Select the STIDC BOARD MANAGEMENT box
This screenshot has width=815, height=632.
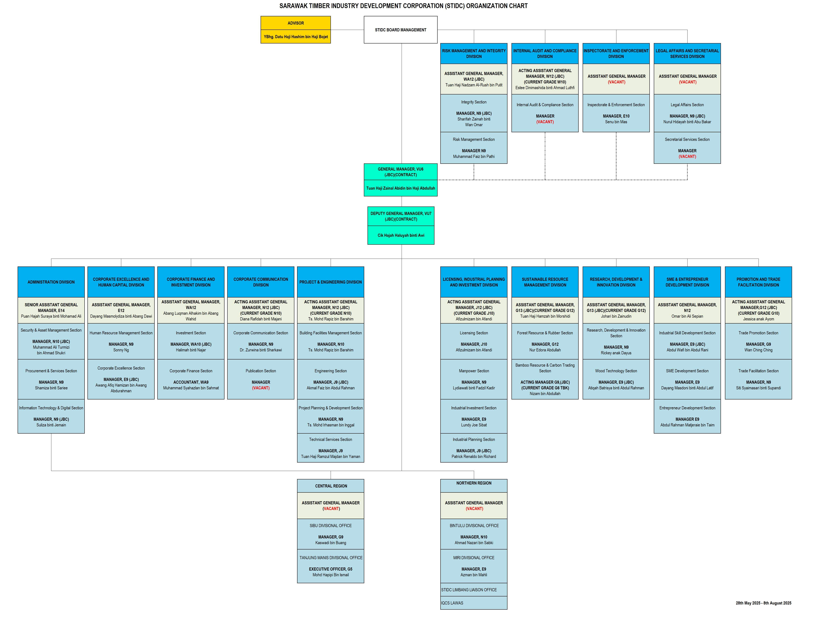point(400,30)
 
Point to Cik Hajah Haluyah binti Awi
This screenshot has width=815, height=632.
point(401,235)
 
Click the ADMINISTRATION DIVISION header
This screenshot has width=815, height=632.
point(51,282)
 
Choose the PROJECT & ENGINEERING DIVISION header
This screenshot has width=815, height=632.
point(331,282)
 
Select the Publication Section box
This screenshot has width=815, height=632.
point(261,379)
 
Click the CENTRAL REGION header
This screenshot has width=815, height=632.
point(331,486)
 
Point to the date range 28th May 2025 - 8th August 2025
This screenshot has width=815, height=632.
point(763,603)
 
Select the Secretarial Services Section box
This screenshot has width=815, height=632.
point(687,148)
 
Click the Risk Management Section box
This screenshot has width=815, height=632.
point(474,148)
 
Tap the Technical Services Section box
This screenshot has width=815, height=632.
point(331,448)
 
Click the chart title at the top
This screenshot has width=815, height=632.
point(403,6)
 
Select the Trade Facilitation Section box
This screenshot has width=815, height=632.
point(758,379)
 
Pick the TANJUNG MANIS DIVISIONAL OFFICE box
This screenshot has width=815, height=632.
point(331,566)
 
